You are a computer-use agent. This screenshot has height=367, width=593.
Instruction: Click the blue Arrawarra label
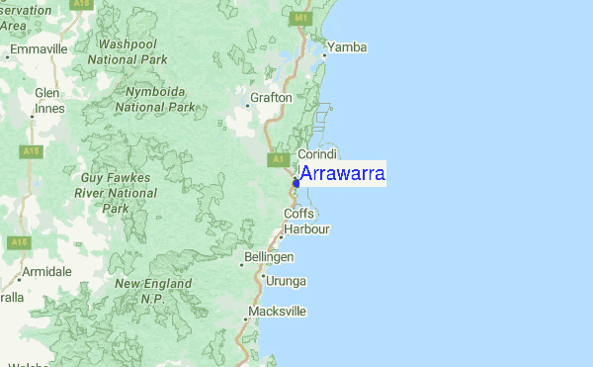click(x=342, y=174)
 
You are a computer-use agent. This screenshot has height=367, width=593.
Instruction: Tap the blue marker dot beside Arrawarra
click(x=296, y=183)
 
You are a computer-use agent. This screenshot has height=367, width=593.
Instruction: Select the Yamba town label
click(x=348, y=46)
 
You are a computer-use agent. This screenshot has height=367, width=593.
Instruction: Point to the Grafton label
click(x=272, y=98)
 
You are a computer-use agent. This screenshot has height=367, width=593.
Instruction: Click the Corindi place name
click(x=317, y=154)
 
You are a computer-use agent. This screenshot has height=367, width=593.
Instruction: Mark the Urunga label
click(x=288, y=281)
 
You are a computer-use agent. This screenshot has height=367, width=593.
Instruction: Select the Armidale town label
click(x=48, y=271)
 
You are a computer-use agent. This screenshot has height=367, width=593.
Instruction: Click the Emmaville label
click(x=39, y=47)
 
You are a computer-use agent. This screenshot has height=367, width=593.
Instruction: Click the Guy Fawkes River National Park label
click(x=120, y=192)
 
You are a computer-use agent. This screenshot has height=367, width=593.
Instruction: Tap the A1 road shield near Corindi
click(x=278, y=159)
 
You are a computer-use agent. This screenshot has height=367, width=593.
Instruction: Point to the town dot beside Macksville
click(x=246, y=319)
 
